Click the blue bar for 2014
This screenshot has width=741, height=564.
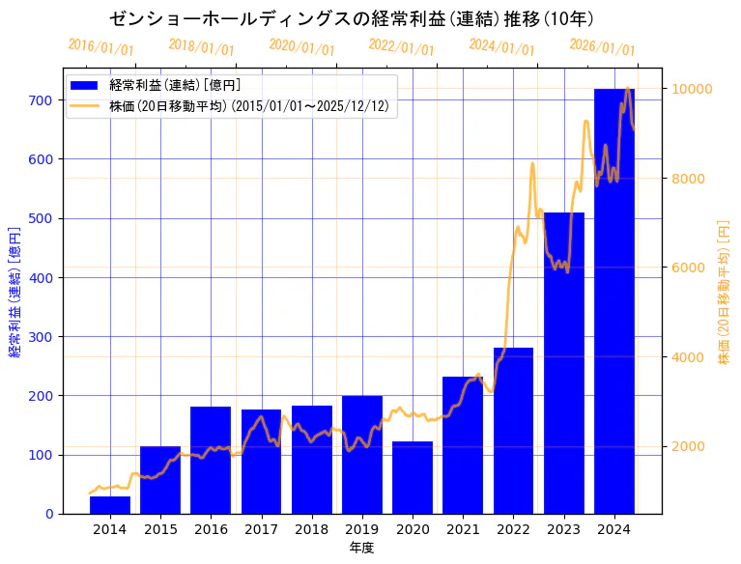[110, 505]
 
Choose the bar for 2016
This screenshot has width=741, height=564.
[211, 460]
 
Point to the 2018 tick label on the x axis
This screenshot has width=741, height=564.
[311, 529]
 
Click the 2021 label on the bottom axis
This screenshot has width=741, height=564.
[463, 529]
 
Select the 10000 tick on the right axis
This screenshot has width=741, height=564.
[692, 89]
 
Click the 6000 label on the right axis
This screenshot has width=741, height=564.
[688, 268]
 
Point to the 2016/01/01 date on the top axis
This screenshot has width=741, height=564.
[101, 47]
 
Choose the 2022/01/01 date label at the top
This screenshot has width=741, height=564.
[402, 47]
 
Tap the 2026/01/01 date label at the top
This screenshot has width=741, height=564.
[603, 47]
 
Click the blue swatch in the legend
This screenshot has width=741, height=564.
[85, 85]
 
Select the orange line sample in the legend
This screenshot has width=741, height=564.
[85, 106]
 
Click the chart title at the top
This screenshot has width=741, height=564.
[352, 18]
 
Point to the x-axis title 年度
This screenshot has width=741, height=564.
[361, 548]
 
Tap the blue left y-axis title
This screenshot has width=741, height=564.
[14, 293]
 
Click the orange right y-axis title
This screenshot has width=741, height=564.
[724, 293]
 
